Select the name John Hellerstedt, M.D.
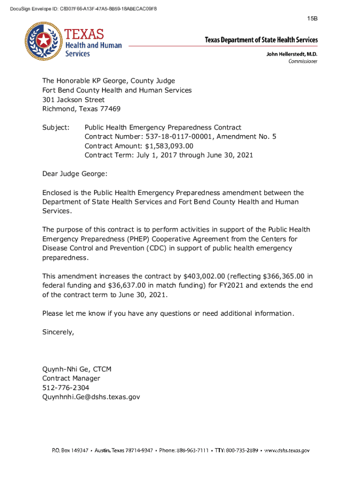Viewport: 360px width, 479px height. click(x=292, y=54)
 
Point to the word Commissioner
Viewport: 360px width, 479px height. click(x=302, y=61)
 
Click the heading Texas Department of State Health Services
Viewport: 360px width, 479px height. click(x=261, y=40)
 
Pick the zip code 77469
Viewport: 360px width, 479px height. click(x=109, y=109)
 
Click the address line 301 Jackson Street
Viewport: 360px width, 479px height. click(x=73, y=100)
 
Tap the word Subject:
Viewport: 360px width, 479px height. click(x=56, y=127)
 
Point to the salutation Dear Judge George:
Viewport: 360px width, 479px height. click(x=75, y=174)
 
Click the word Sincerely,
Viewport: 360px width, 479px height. click(x=58, y=332)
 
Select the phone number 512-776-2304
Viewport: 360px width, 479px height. click(x=66, y=388)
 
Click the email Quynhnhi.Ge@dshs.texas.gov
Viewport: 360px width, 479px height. click(x=91, y=397)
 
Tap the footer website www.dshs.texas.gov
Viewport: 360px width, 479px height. click(x=287, y=450)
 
